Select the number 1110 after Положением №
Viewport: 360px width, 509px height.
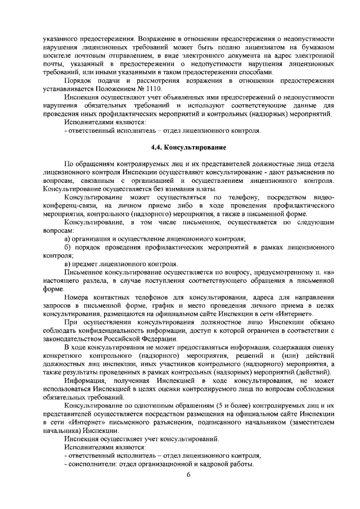(152, 89)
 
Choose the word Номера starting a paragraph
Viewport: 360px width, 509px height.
(78, 296)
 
